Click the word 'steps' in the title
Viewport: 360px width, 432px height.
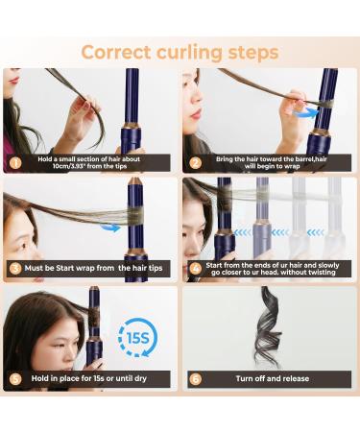coord(249,51)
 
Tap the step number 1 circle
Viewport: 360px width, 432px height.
coord(14,162)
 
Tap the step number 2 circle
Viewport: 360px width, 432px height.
coord(193,162)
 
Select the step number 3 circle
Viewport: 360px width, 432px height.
coord(14,270)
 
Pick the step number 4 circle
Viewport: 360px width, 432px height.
coord(193,270)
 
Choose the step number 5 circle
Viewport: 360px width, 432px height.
coord(14,378)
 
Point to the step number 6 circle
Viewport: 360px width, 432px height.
coord(193,378)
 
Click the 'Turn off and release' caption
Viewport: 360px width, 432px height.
coord(273,378)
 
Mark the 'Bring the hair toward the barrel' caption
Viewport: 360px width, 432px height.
coord(274,162)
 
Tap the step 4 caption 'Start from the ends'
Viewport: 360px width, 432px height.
coord(274,270)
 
